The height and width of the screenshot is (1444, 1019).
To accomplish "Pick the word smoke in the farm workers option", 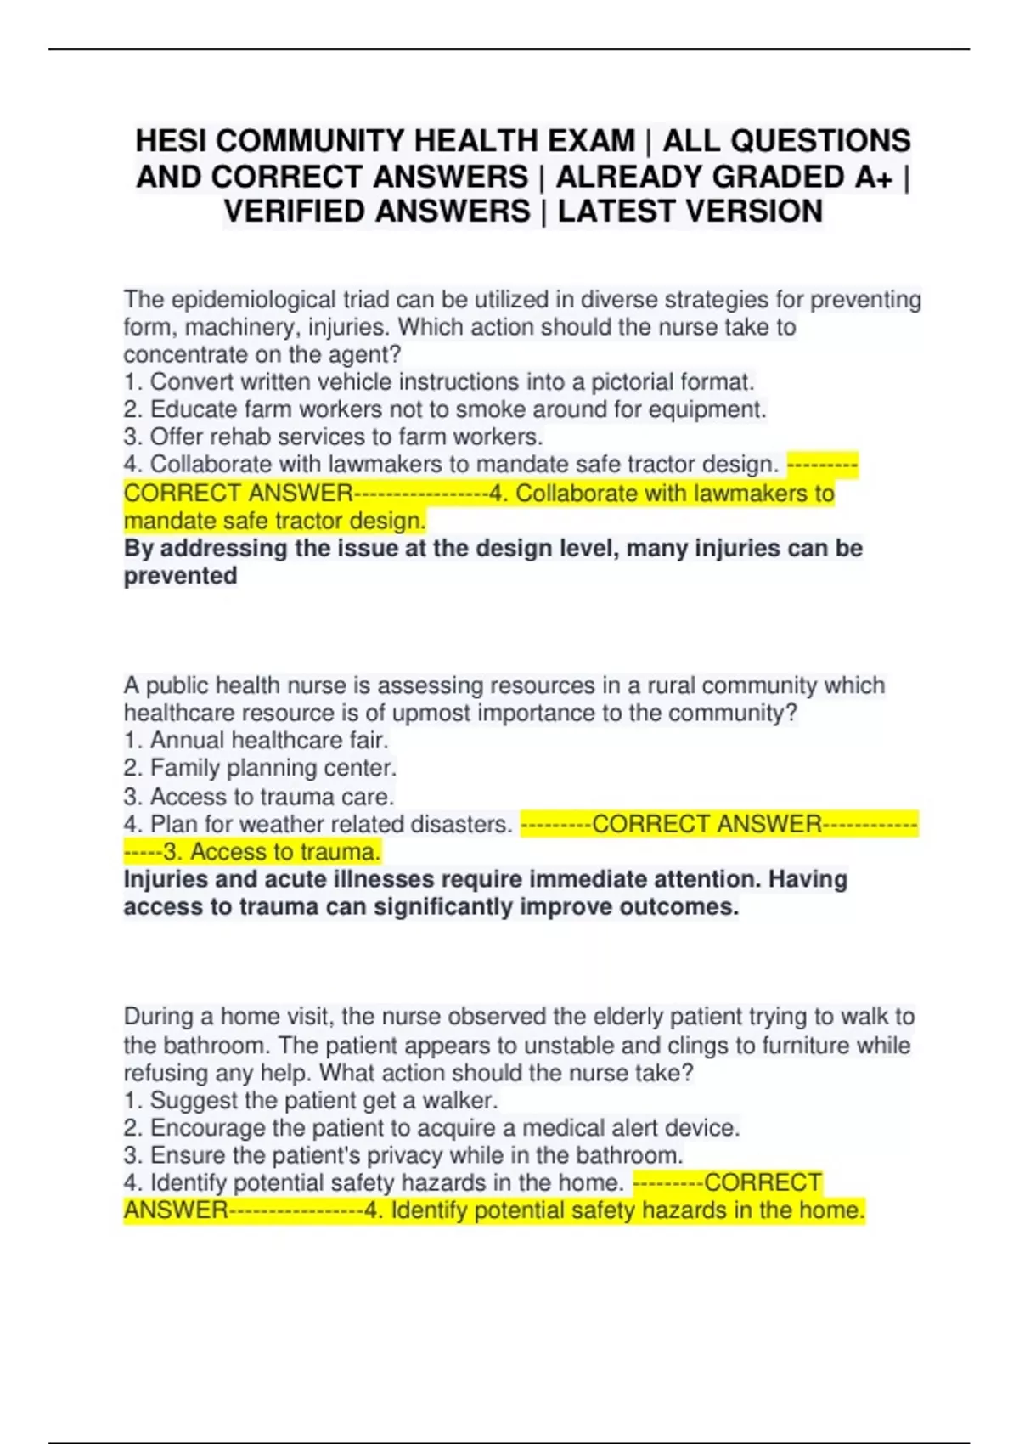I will click(485, 409).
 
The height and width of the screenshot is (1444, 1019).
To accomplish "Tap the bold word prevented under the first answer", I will click(180, 576).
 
